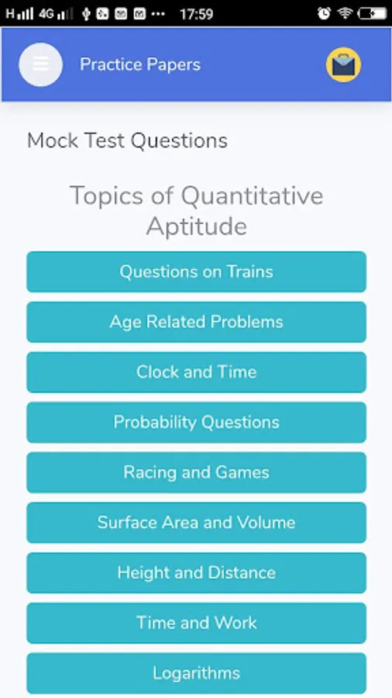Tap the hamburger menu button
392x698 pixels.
coord(40,64)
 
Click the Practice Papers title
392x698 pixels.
coord(140,64)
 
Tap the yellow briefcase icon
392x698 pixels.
coord(343,65)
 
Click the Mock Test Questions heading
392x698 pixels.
coord(127,140)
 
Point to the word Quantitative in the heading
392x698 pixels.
coord(252,196)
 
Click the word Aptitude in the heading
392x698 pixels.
coord(197,226)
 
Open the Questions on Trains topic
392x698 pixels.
coord(197,271)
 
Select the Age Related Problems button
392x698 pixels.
coord(197,322)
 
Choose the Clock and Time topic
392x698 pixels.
coord(197,372)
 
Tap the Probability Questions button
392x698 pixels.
coord(197,423)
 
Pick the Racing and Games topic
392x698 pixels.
coord(197,472)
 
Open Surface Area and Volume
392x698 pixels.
coord(197,523)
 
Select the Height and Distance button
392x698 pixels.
coord(197,573)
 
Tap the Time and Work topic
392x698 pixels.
coord(197,623)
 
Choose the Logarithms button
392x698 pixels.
coord(197,673)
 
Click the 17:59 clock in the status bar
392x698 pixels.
coord(197,14)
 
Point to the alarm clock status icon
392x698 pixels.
coord(324,13)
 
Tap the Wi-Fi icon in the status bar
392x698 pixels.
coord(345,13)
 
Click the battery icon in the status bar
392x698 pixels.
coord(373,14)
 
